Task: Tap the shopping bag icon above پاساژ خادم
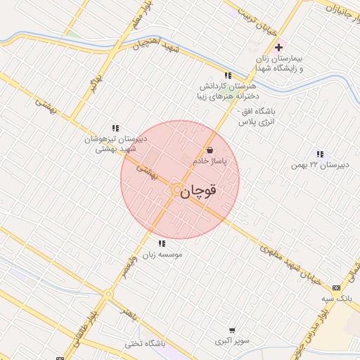pos(210,150)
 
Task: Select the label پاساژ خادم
pos(210,161)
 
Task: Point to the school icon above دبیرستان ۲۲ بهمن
pos(320,154)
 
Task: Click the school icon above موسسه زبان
pos(162,244)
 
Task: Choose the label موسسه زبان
pos(163,255)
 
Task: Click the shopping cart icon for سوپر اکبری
pos(232,330)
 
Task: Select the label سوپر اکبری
pos(233,341)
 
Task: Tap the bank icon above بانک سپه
pos(337,288)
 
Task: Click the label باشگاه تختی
pos(145,344)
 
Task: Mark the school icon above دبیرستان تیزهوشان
pos(115,128)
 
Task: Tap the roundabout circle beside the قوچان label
pos(176,190)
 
